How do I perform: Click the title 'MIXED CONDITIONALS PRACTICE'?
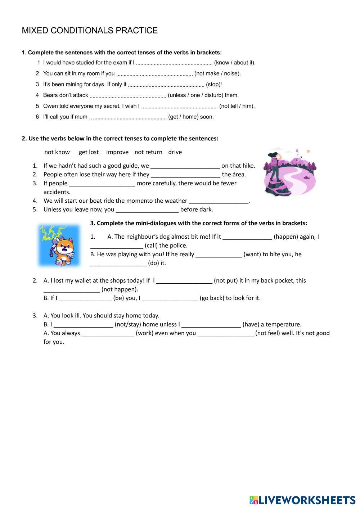[x=90, y=31]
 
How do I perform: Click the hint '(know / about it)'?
[x=235, y=63]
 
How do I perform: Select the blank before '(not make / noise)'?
[x=154, y=74]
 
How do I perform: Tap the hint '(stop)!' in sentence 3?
[x=214, y=85]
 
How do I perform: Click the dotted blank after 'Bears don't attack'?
[x=128, y=96]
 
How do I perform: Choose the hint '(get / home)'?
[x=184, y=117]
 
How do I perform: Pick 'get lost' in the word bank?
[x=89, y=152]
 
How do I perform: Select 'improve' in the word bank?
[x=117, y=152]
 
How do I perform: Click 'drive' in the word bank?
[x=175, y=152]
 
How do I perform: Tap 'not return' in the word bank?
[x=148, y=152]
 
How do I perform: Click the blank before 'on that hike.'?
[x=185, y=166]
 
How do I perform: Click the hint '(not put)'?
[x=225, y=280]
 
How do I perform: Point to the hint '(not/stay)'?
[x=128, y=324]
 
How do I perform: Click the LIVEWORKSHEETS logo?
[x=302, y=500]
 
